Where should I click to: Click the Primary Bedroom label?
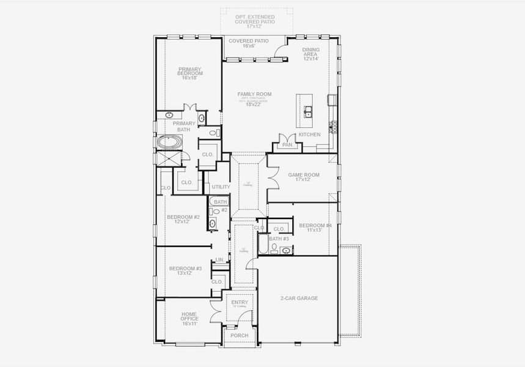click(x=190, y=73)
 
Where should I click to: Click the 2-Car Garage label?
click(x=299, y=298)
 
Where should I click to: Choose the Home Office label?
click(x=188, y=319)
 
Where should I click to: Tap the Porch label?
click(x=238, y=336)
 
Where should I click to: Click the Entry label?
click(x=238, y=303)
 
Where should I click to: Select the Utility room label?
click(x=221, y=187)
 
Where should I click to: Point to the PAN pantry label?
click(x=287, y=145)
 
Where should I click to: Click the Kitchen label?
click(x=309, y=135)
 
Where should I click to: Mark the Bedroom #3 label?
click(x=185, y=271)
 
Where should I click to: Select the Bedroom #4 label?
click(x=315, y=228)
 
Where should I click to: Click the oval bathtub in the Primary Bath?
click(x=169, y=143)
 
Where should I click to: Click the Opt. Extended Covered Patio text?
click(x=255, y=21)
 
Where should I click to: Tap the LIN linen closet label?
click(x=219, y=260)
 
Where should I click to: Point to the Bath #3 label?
click(x=279, y=239)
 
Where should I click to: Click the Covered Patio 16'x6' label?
click(x=248, y=43)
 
